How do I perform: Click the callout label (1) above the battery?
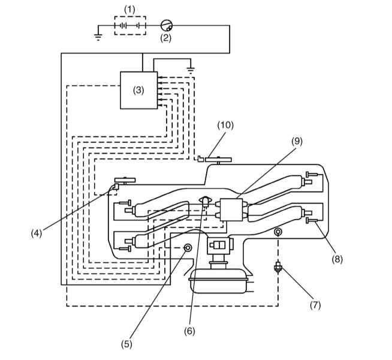129,10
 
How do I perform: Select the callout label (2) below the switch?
166,38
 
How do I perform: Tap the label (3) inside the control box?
138,90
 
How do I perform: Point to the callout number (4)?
37,233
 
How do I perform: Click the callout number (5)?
126,344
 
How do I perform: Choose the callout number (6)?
189,331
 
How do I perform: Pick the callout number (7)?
315,305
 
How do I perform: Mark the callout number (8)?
337,259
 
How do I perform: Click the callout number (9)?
297,142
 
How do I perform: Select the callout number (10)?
225,125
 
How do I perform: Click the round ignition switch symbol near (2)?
167,25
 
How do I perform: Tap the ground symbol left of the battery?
98,37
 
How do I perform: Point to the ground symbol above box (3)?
191,70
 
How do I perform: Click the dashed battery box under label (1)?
130,26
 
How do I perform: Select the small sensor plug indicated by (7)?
278,268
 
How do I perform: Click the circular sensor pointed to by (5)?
188,248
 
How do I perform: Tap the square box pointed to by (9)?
231,209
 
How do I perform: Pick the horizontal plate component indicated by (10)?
218,160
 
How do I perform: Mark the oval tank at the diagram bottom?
219,281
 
